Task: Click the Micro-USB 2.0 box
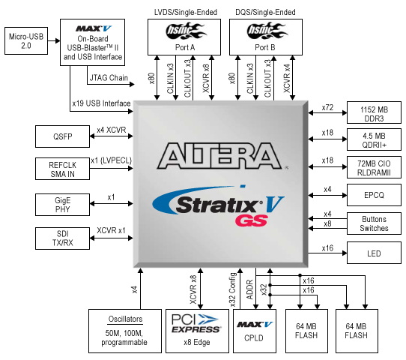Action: click(26, 41)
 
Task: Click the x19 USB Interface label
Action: click(100, 103)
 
